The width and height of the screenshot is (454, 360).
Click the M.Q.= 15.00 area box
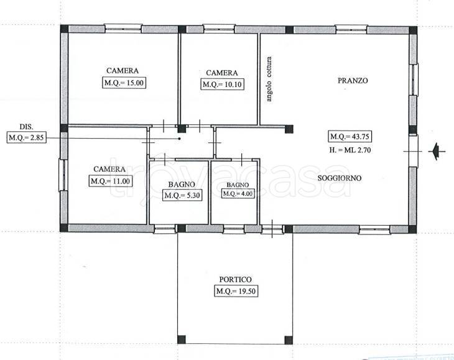[x=124, y=83]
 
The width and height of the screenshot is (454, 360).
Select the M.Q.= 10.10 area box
[x=222, y=85]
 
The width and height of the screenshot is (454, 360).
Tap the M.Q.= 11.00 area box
[x=110, y=181]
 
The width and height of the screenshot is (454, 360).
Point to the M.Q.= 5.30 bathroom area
[x=182, y=195]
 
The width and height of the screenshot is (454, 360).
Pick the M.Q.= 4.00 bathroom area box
[x=238, y=193]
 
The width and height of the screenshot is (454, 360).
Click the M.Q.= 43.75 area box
[x=350, y=136]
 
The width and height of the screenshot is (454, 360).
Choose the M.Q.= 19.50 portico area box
[x=236, y=291]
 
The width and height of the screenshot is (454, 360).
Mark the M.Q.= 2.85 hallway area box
[x=26, y=137]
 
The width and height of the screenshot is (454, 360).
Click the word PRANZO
[x=353, y=80]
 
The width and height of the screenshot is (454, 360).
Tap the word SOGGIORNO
[x=340, y=178]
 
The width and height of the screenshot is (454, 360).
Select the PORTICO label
[x=236, y=280]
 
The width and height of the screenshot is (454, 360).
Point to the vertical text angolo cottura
[x=269, y=79]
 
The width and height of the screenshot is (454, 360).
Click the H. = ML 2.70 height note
[x=350, y=150]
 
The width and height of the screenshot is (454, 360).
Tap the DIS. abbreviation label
[x=26, y=126]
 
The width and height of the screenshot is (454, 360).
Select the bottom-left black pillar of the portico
[x=182, y=339]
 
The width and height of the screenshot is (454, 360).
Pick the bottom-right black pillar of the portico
[x=289, y=340]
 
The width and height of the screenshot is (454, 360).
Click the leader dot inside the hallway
[x=180, y=139]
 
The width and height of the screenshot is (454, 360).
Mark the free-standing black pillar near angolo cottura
[x=289, y=129]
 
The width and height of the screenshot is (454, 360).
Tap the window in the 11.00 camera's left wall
[x=63, y=175]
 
